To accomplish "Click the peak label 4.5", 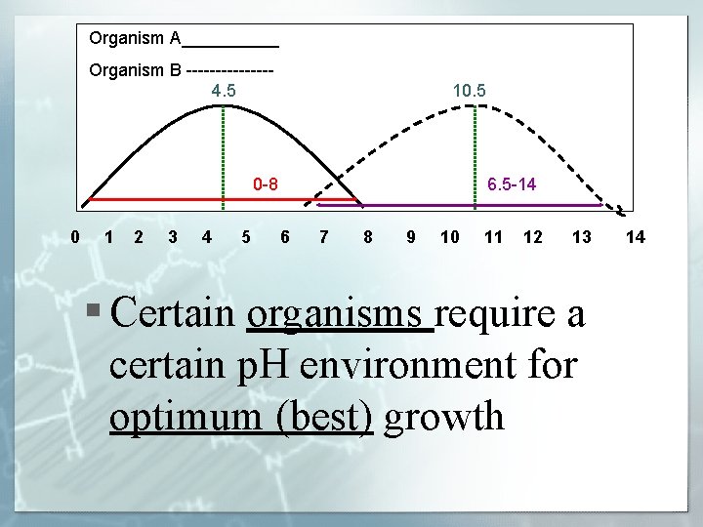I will pyautogui.click(x=224, y=91).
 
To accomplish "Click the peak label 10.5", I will pyautogui.click(x=470, y=91).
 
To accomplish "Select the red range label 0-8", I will pyautogui.click(x=265, y=183).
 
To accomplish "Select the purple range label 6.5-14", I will pyautogui.click(x=512, y=183).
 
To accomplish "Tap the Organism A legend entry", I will pyautogui.click(x=184, y=39).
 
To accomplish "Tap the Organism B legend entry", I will pyautogui.click(x=181, y=70).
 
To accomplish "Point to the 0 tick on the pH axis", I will pyautogui.click(x=76, y=236).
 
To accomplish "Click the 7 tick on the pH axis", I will pyautogui.click(x=324, y=236).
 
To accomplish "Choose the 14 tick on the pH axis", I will pyautogui.click(x=636, y=236).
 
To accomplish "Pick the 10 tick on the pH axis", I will pyautogui.click(x=450, y=236).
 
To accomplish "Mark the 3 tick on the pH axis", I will pyautogui.click(x=173, y=236).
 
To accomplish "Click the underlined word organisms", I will pyautogui.click(x=340, y=314).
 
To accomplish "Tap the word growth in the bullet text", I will pyautogui.click(x=444, y=416).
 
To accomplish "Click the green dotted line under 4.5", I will pyautogui.click(x=224, y=156).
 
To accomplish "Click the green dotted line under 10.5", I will pyautogui.click(x=475, y=156).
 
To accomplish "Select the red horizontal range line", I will pyautogui.click(x=195, y=199).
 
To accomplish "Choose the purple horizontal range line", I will pyautogui.click(x=459, y=205).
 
